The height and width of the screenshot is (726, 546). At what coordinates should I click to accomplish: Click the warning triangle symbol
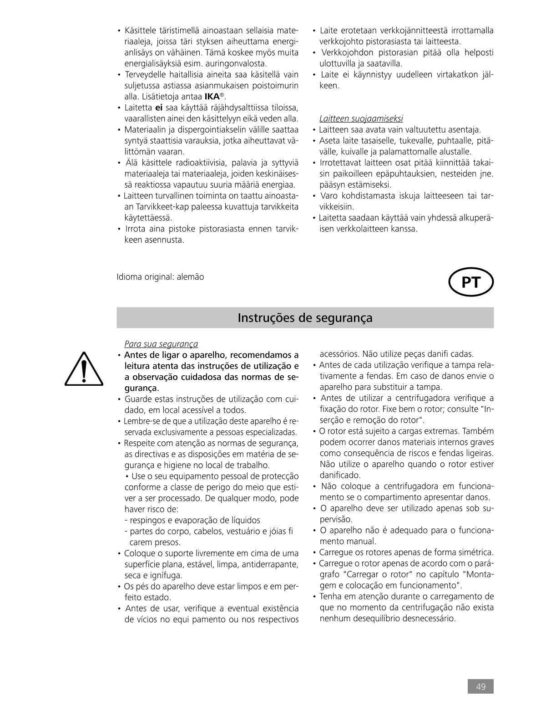click(x=84, y=369)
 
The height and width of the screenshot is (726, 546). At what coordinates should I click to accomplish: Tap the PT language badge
click(x=471, y=283)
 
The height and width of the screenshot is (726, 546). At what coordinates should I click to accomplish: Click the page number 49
click(x=480, y=686)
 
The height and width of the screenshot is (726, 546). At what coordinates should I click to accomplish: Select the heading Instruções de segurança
click(x=305, y=317)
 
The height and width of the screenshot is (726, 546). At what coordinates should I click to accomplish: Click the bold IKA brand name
click(x=212, y=97)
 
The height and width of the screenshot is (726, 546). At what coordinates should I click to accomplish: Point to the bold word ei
click(x=159, y=107)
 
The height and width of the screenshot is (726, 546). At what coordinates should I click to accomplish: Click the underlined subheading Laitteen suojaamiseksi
click(x=361, y=118)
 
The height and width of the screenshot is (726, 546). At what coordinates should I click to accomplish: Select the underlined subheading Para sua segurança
click(x=161, y=344)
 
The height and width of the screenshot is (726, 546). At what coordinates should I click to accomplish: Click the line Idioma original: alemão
click(x=160, y=277)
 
